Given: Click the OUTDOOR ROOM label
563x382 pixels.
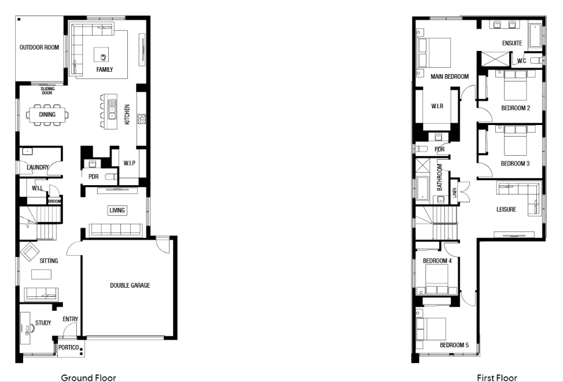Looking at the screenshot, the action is pos(39,47).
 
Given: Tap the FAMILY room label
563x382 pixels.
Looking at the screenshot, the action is pos(105,69).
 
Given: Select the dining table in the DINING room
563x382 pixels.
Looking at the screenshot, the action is pos(47,115).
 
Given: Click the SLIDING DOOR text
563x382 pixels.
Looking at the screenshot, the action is pos(47,90).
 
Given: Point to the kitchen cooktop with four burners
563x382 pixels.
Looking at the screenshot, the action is pos(141,119).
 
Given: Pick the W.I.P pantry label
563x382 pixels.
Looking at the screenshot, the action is pos(129,163).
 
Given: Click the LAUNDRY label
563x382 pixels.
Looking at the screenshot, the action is pos(38,167).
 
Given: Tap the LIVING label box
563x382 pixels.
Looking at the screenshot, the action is pos(117,210).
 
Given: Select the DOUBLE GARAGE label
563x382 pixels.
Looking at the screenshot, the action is pos(130,285).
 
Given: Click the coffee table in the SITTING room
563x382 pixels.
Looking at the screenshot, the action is pos(41,274).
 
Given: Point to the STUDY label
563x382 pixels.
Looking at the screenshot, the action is pos(43,323).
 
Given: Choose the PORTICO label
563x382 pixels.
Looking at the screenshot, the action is pos(69,347).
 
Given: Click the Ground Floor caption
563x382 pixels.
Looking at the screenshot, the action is pos(89,378).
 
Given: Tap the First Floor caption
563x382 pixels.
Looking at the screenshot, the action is pos(497,378).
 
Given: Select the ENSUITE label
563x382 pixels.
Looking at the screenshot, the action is pos(512,43).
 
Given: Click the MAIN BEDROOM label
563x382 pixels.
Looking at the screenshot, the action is pos(450,76).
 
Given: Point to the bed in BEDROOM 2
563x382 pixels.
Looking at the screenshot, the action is pos(515,86).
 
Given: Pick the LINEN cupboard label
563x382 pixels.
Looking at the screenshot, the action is pos(455,193).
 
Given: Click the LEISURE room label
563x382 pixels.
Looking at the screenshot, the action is pos(506,210).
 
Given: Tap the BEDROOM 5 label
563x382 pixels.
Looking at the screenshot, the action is pos(454,345).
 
